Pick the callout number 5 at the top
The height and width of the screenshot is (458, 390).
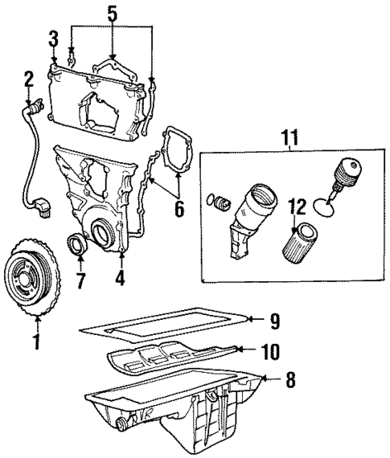[113, 14]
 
